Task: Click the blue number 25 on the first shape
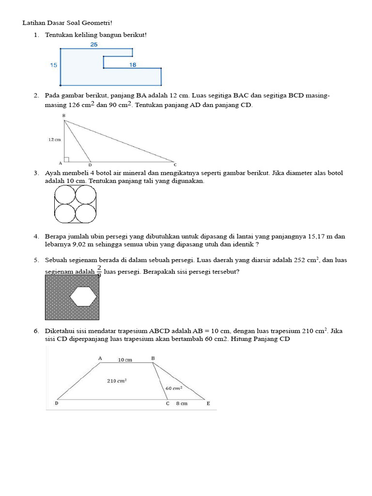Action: pos(94,45)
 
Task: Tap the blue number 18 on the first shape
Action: pos(133,64)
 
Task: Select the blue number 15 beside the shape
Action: pos(53,65)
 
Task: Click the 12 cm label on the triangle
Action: pos(55,139)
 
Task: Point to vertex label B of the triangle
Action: pos(63,115)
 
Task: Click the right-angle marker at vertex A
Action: pos(66,159)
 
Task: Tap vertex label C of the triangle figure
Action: pos(175,165)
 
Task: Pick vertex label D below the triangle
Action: pos(90,165)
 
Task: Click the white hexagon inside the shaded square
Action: pos(83,296)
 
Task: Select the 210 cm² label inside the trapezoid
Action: pos(117,381)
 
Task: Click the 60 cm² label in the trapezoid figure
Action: pos(173,388)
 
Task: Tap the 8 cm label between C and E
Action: pos(182,403)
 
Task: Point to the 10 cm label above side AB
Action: pos(125,360)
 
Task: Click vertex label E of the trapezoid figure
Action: pos(208,403)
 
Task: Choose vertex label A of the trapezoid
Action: pos(100,358)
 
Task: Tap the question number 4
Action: pos(36,236)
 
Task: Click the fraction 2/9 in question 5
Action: pos(99,270)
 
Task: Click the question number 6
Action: pos(36,331)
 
